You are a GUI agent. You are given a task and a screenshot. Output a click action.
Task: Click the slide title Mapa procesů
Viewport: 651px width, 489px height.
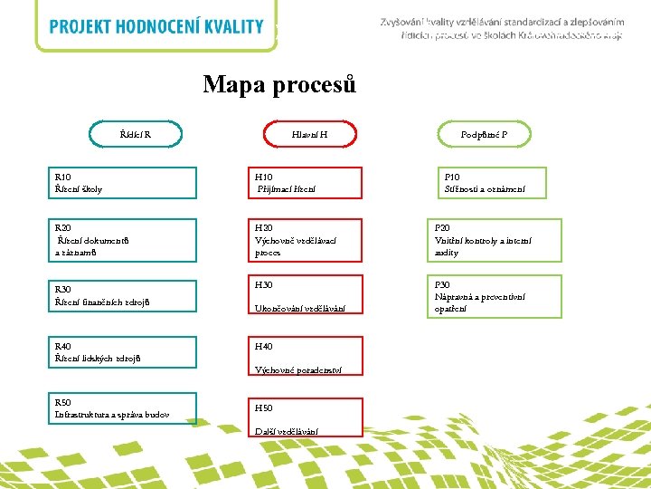(x=279, y=85)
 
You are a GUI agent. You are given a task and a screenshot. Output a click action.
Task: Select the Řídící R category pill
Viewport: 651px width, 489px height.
(x=136, y=135)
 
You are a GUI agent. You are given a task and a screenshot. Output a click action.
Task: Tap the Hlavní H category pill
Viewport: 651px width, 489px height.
(x=309, y=135)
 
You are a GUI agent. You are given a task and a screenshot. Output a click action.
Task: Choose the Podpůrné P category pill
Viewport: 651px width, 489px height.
(x=484, y=135)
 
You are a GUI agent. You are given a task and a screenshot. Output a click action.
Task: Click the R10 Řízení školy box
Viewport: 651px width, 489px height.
(x=124, y=183)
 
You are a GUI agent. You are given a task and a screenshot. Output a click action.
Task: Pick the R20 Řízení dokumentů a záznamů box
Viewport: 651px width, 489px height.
(x=124, y=240)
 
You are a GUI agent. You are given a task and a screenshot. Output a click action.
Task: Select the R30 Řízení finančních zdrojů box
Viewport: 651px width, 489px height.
(x=124, y=295)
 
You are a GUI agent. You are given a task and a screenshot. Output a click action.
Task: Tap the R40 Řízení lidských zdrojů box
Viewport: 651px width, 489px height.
(x=124, y=352)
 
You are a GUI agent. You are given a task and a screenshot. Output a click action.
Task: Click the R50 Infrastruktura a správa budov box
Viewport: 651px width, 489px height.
(x=124, y=408)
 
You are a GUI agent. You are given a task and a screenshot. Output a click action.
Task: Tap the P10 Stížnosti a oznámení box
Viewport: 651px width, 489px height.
(x=493, y=183)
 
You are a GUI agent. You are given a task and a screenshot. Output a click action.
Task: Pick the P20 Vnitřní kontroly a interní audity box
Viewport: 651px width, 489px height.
(x=495, y=240)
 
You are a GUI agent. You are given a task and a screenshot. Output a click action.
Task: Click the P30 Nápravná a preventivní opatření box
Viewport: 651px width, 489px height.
(x=495, y=296)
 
